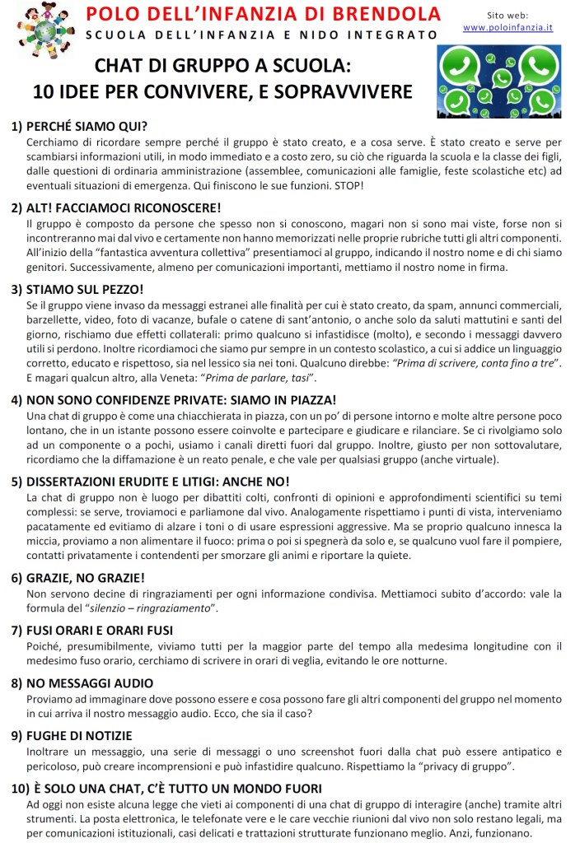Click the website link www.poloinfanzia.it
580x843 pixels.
coord(507,27)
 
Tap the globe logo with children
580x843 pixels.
coord(43,30)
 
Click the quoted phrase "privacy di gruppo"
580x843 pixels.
coord(467,766)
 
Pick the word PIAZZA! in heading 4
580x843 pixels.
coord(306,399)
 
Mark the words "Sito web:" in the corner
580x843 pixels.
coord(507,15)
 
